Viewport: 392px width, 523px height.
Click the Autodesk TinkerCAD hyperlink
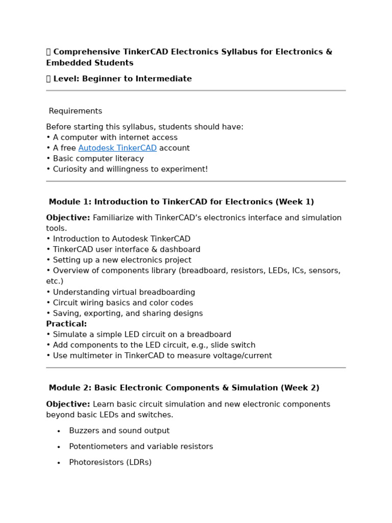click(x=117, y=148)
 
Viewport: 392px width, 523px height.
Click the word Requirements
click(x=76, y=111)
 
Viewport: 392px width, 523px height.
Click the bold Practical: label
click(x=66, y=324)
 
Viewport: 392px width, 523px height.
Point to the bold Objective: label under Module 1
click(x=68, y=218)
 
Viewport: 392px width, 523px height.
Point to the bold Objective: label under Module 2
click(x=68, y=405)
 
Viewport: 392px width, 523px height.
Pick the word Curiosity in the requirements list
click(x=70, y=169)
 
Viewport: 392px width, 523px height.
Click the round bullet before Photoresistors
click(x=59, y=463)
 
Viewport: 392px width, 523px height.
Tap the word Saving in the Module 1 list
click(x=65, y=314)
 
